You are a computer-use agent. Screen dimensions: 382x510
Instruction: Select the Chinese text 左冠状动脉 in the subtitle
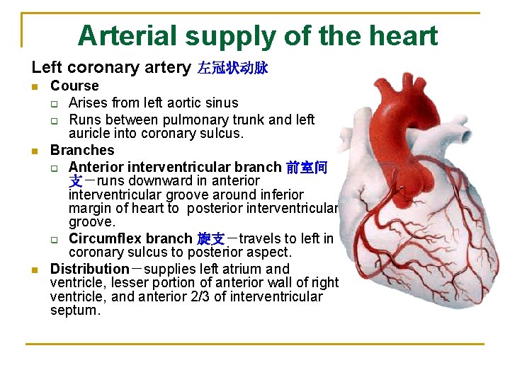tap(232, 69)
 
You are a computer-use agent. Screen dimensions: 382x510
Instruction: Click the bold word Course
tap(74, 86)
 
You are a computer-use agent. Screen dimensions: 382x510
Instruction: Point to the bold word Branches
tap(82, 150)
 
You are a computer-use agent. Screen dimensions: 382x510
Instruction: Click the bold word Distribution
tap(90, 269)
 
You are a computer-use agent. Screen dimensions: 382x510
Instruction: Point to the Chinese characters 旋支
tap(210, 238)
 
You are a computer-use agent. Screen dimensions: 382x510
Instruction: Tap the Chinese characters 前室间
tap(307, 168)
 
